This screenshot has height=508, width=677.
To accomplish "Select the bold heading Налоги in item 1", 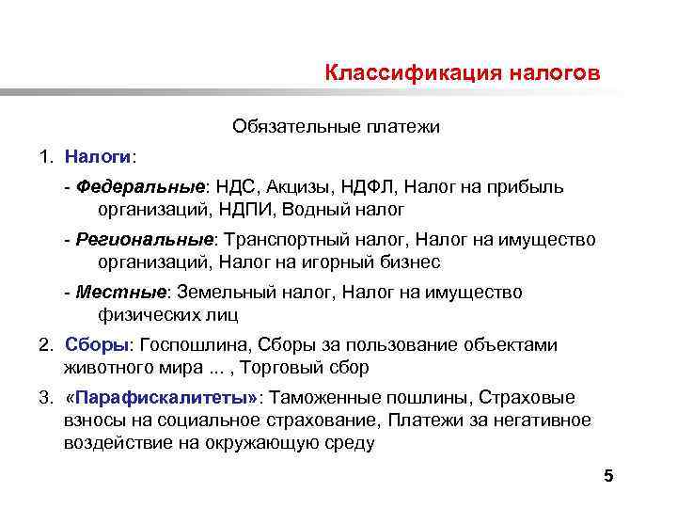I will [x=99, y=153].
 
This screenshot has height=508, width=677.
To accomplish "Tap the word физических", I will [x=142, y=315].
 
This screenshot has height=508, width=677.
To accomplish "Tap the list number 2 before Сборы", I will [x=44, y=345].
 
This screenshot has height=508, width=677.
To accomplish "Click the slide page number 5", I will [x=607, y=477].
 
